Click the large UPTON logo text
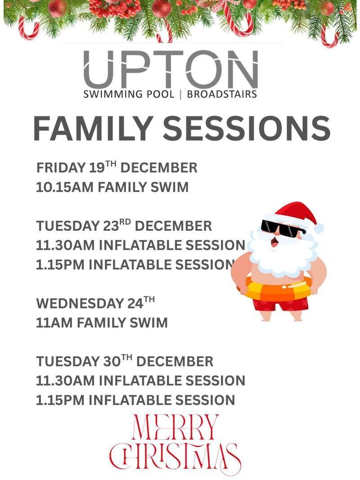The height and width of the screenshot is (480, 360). [x=171, y=69]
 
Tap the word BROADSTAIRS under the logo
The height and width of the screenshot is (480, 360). [x=222, y=94]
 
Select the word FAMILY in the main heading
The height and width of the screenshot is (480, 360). [x=92, y=128]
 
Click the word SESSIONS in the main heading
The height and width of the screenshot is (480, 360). [x=247, y=128]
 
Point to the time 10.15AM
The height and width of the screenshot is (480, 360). [x=64, y=187]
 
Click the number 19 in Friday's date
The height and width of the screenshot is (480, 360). [x=97, y=168]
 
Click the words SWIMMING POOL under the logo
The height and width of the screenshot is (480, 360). [x=129, y=94]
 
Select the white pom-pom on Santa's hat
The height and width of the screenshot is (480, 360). [x=318, y=228]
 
